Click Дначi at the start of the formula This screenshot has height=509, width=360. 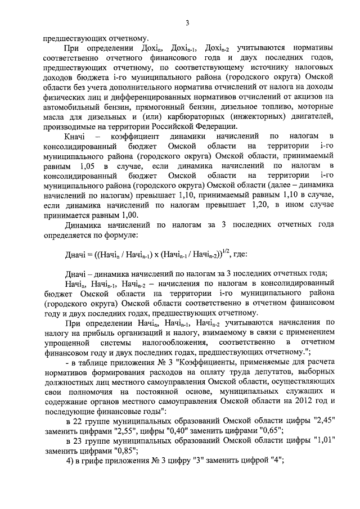pyautogui.click(x=75, y=255)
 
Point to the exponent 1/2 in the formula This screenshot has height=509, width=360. pyautogui.click(x=227, y=251)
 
